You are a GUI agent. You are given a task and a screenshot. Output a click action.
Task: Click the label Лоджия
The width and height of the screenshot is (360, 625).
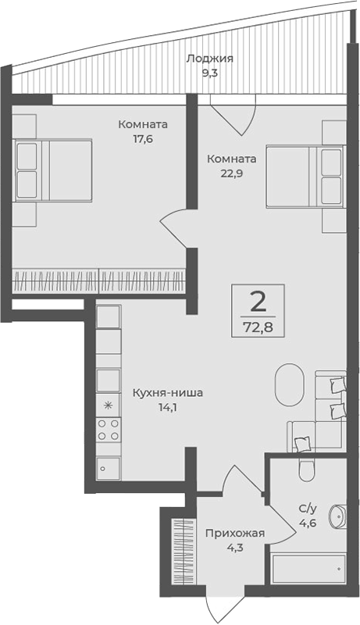[x=209, y=58]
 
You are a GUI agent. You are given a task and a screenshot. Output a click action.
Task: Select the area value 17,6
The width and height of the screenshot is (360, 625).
[x=142, y=141]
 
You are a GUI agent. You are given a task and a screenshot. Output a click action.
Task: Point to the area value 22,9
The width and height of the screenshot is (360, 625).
[x=230, y=173]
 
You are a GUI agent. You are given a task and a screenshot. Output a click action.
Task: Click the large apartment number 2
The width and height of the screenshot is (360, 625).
[x=258, y=300]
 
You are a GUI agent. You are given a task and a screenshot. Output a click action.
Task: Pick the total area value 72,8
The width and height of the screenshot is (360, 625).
[x=258, y=324]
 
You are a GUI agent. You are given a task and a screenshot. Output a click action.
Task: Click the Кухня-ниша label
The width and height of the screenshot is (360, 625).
[x=167, y=393]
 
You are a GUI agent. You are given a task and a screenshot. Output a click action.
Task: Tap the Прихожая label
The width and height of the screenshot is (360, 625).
[x=234, y=534]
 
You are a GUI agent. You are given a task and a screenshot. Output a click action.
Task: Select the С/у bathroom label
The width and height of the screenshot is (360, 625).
[x=307, y=508]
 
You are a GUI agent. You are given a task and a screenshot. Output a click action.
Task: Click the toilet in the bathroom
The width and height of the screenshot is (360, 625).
[x=306, y=469]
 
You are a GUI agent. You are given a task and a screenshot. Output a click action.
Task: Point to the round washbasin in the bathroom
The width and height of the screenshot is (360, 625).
[x=339, y=518]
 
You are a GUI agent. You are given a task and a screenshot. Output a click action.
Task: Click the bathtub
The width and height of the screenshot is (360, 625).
[x=307, y=568]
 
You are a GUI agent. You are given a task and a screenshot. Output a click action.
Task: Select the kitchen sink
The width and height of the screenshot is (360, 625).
[x=108, y=466]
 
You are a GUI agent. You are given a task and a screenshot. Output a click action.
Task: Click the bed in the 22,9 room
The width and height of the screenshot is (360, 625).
[x=305, y=175]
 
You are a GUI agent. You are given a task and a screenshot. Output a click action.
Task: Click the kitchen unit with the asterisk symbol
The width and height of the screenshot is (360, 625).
[x=108, y=405]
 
